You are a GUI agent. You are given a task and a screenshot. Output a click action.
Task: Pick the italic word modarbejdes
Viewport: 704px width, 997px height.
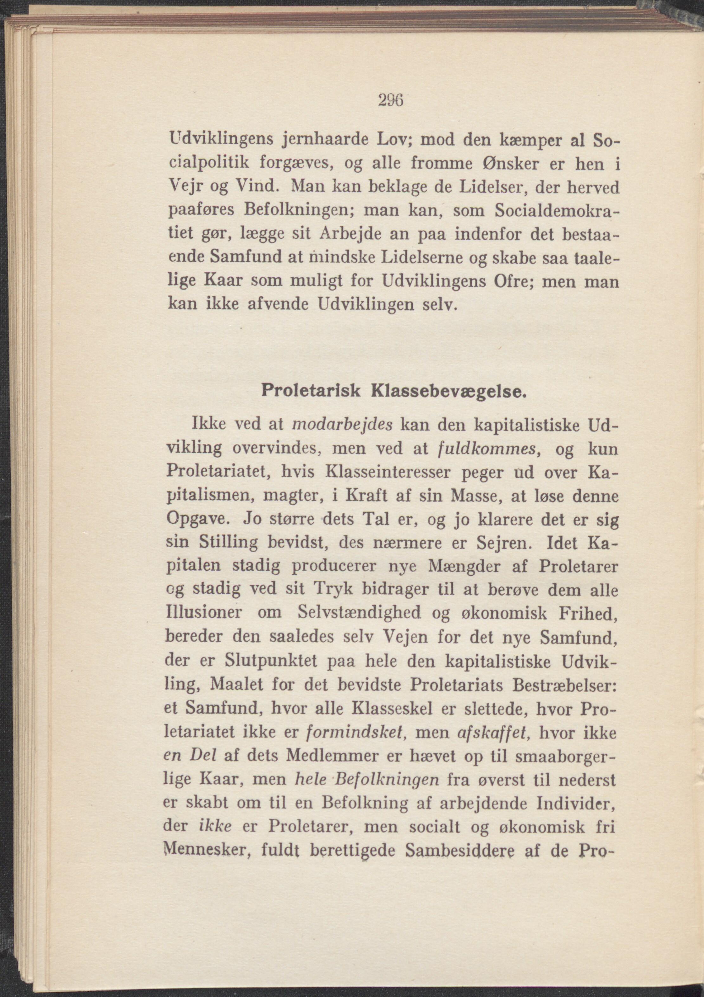(x=343, y=425)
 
